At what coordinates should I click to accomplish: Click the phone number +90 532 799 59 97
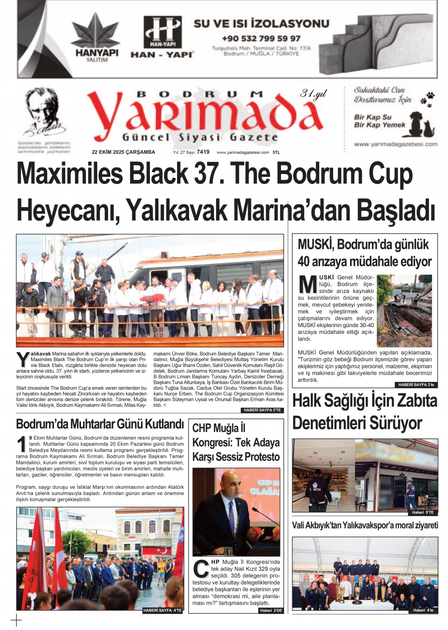(x=261, y=39)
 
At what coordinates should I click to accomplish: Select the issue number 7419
(x=203, y=152)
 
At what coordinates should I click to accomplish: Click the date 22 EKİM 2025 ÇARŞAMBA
(x=123, y=152)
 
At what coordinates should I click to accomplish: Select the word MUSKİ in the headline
(x=316, y=245)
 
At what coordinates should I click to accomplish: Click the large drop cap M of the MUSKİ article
(x=308, y=284)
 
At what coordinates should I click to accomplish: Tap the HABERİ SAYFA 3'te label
(x=416, y=385)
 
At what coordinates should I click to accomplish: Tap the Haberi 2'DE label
(x=271, y=610)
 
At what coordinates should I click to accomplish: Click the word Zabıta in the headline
(x=414, y=401)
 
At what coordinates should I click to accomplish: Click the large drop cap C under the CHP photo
(x=201, y=569)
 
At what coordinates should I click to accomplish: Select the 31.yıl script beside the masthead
(x=313, y=94)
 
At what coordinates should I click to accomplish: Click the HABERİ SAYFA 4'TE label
(x=163, y=610)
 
